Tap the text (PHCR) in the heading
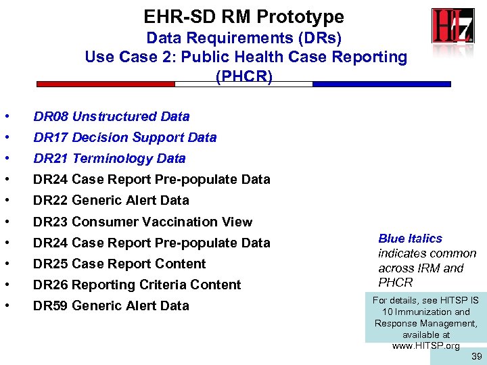click(x=243, y=76)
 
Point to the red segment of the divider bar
click(x=106, y=84)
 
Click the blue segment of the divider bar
click(x=381, y=84)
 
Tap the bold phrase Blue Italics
click(x=410, y=239)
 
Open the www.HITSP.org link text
click(x=425, y=346)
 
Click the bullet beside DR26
click(x=6, y=285)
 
